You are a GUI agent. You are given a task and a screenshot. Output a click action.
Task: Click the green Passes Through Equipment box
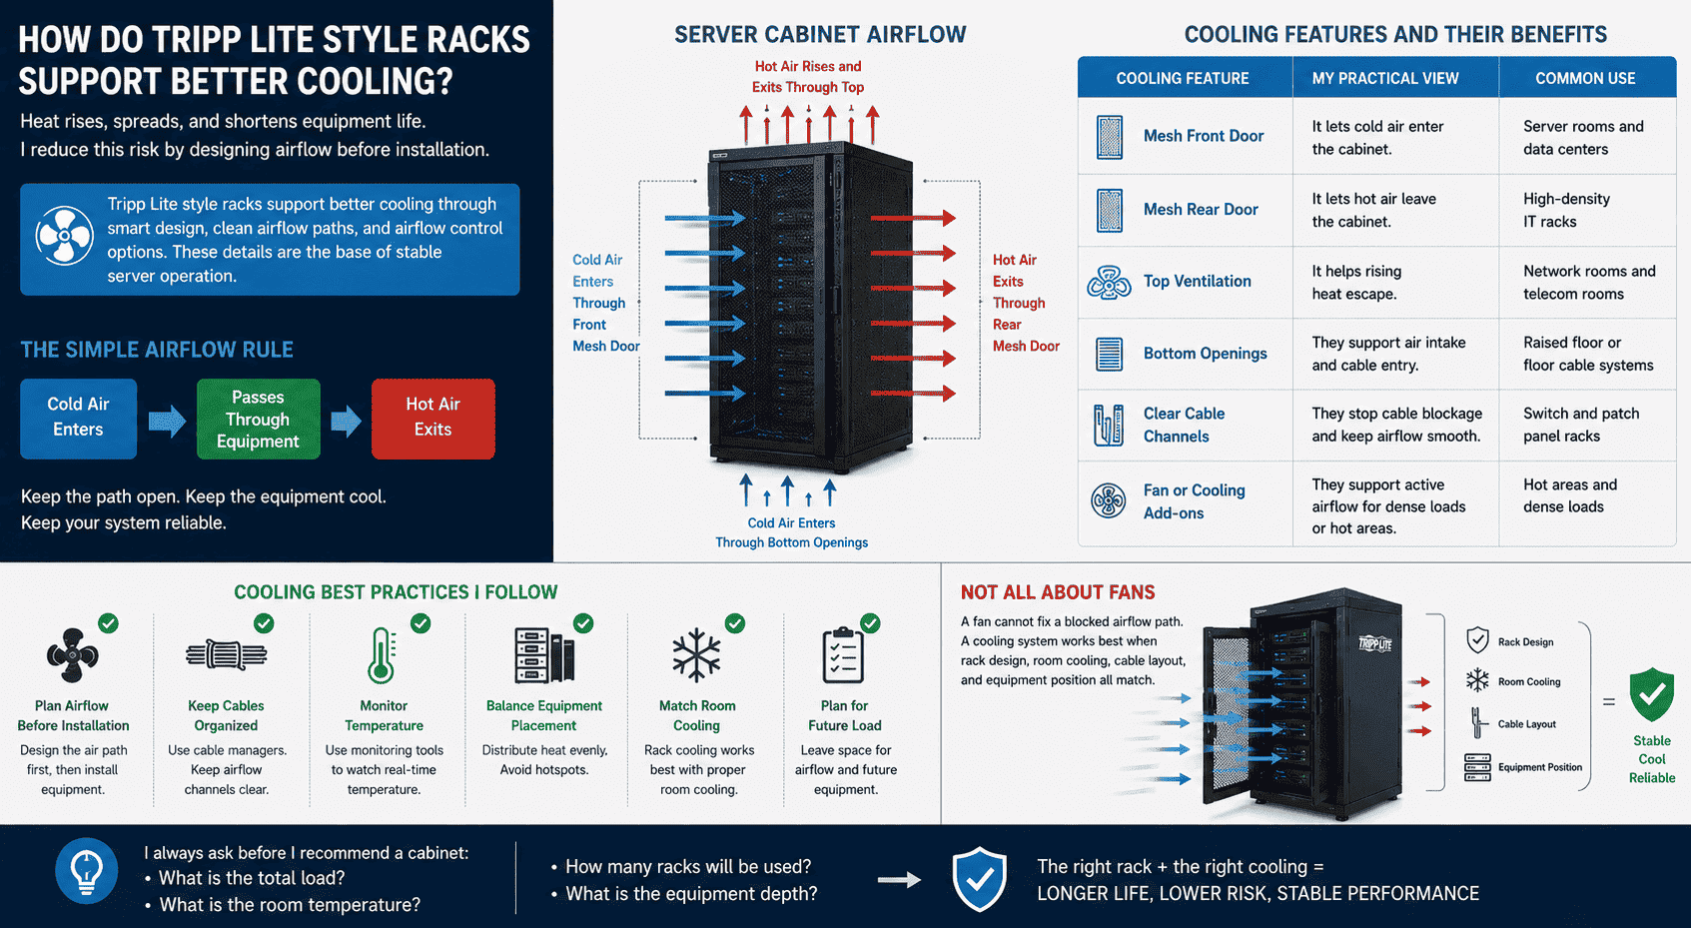[x=258, y=420]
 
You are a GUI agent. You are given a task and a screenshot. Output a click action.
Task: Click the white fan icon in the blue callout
[x=64, y=237]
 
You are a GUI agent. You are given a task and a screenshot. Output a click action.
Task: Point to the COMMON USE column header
[x=1585, y=79]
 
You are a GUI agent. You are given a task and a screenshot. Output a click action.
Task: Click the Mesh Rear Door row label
[x=1201, y=209]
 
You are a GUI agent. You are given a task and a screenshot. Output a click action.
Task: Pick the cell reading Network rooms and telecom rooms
[x=1589, y=283]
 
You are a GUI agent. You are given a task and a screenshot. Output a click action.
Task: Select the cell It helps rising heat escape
[x=1356, y=283]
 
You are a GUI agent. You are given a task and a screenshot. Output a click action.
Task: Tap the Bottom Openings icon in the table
[x=1109, y=355]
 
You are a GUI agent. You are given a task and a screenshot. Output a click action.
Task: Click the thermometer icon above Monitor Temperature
[x=382, y=655]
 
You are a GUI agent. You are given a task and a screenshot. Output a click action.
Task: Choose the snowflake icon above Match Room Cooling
[x=696, y=654]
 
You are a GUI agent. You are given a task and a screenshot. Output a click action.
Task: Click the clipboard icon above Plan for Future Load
[x=842, y=655]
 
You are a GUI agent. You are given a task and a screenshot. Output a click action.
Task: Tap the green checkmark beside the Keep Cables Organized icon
[x=264, y=623]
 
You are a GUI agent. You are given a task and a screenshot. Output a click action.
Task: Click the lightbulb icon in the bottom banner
[x=87, y=871]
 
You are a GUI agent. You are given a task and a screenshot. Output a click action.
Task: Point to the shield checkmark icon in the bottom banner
[x=979, y=879]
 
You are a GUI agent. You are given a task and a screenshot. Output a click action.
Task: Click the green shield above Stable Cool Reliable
[x=1652, y=694]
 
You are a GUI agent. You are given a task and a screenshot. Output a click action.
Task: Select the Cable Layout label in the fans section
[x=1526, y=724]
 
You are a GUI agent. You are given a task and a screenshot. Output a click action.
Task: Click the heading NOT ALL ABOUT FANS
[x=1058, y=592]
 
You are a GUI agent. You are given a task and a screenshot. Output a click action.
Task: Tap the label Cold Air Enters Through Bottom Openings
[x=791, y=532]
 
